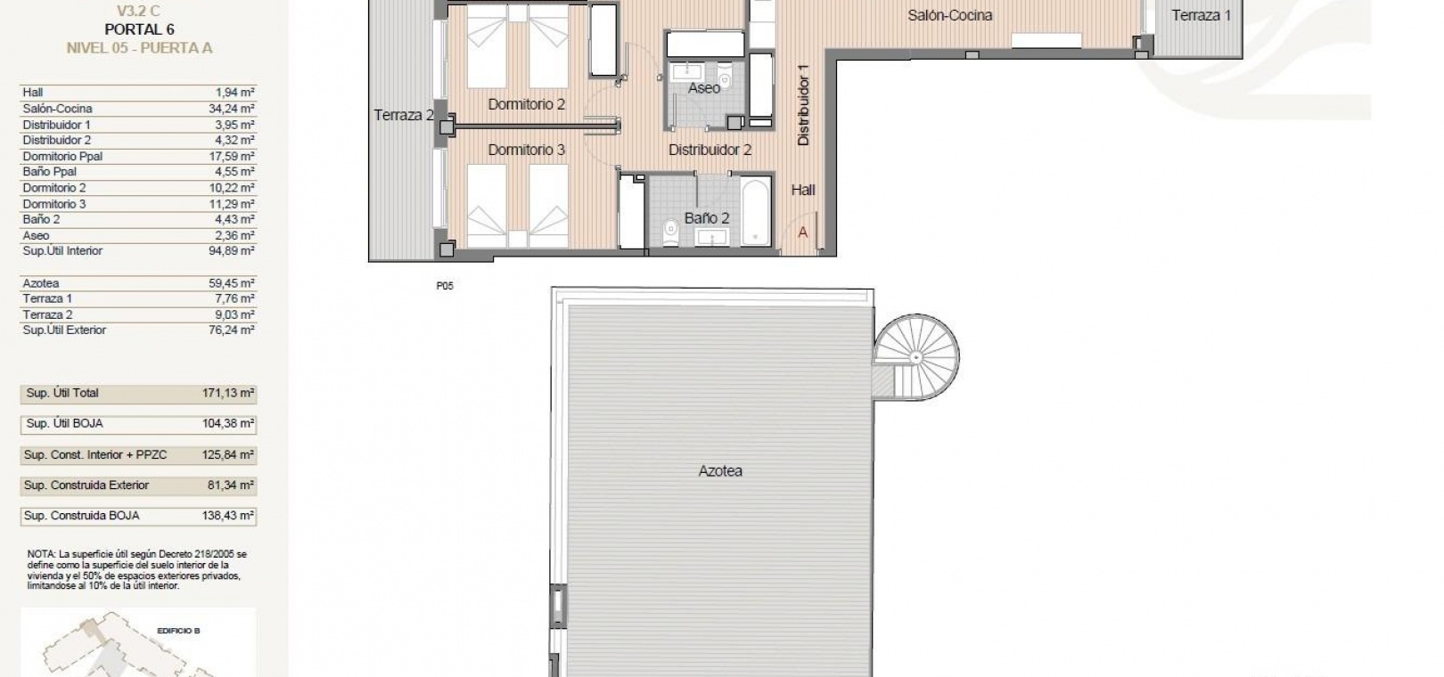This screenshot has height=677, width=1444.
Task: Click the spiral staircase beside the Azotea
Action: [x=916, y=357]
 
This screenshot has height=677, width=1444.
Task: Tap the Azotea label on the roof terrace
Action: [x=720, y=471]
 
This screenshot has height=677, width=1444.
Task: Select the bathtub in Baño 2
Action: [x=756, y=210]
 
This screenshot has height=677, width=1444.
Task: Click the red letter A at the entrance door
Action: [x=802, y=232]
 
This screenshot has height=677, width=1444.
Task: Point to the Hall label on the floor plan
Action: [x=803, y=190]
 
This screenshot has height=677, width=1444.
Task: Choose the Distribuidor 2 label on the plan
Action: [x=710, y=150]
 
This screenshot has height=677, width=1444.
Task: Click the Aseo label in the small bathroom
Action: [x=703, y=88]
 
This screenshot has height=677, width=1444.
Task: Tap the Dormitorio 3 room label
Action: [x=526, y=150]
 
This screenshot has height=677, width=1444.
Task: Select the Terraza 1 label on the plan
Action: [x=1201, y=15]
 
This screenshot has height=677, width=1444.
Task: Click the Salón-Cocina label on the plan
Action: [x=949, y=15]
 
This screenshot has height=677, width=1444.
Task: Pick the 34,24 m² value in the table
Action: [x=232, y=109]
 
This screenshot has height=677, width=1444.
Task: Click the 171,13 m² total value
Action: [x=228, y=393]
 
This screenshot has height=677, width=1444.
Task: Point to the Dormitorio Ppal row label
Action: [x=62, y=157]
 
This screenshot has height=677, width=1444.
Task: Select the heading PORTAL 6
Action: [x=139, y=29]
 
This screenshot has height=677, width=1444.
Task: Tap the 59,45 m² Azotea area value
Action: [x=232, y=283]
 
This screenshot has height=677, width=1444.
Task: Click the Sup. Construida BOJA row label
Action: [x=81, y=516]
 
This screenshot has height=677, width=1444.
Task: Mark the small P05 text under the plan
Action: [x=445, y=286]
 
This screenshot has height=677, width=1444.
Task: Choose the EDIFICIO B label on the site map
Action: [x=178, y=631]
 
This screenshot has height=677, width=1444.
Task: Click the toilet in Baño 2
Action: [x=670, y=232]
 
